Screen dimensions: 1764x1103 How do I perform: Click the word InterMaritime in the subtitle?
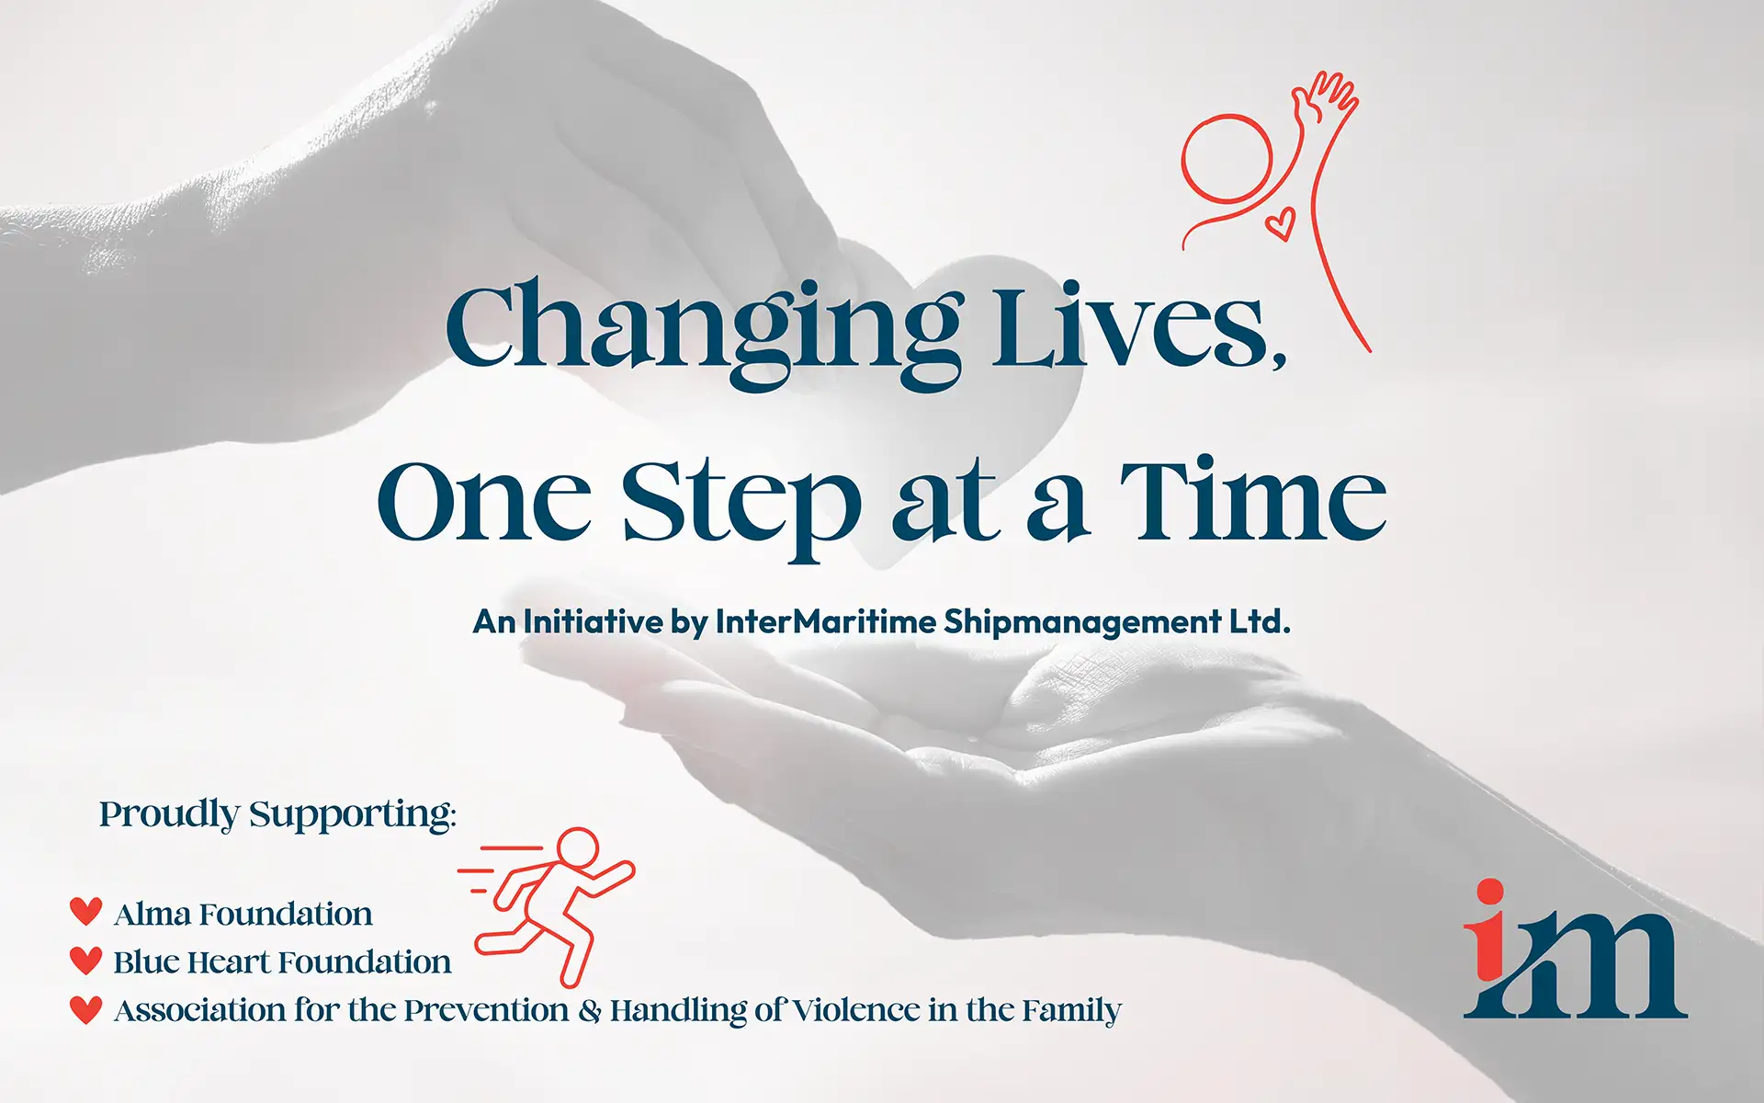pyautogui.click(x=825, y=622)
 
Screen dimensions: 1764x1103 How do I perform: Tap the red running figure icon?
pyautogui.click(x=547, y=905)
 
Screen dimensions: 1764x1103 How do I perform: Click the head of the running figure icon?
pyautogui.click(x=578, y=847)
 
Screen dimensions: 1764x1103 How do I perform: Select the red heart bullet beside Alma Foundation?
pyautogui.click(x=86, y=911)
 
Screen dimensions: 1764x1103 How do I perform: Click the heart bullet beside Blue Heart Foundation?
pyautogui.click(x=86, y=960)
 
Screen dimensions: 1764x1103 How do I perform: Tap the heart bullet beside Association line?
pyautogui.click(x=86, y=1009)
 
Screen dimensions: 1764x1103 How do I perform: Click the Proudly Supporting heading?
pyautogui.click(x=277, y=815)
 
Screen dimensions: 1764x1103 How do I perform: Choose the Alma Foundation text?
pyautogui.click(x=243, y=914)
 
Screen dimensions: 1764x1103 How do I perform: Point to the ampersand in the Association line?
pyautogui.click(x=590, y=1010)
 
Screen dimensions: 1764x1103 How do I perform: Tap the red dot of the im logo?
pyautogui.click(x=1489, y=893)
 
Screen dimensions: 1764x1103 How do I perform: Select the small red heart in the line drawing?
pyautogui.click(x=1281, y=222)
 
